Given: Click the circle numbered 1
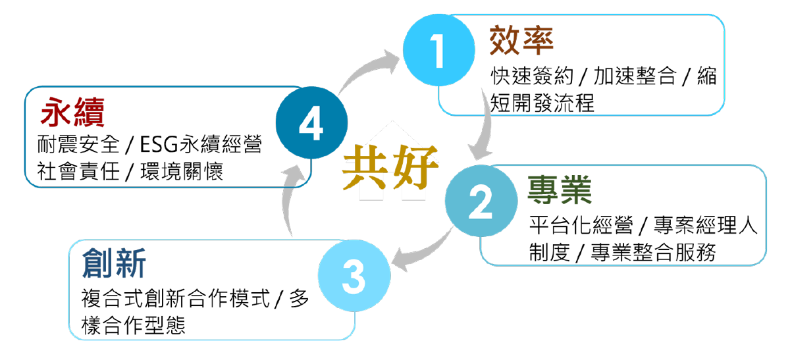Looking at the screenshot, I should click(x=438, y=51).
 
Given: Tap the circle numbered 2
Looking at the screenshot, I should click(x=481, y=203).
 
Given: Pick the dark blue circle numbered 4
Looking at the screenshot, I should click(x=311, y=124).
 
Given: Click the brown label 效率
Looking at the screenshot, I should click(x=521, y=41).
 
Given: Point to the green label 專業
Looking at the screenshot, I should click(x=560, y=191).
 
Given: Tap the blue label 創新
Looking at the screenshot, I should click(x=114, y=265).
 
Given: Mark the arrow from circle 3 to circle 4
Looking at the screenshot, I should click(x=288, y=201).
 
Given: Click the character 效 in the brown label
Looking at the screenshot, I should click(x=504, y=41).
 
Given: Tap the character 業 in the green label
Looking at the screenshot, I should click(x=577, y=191).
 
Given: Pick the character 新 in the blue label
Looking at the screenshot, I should click(x=130, y=265).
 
